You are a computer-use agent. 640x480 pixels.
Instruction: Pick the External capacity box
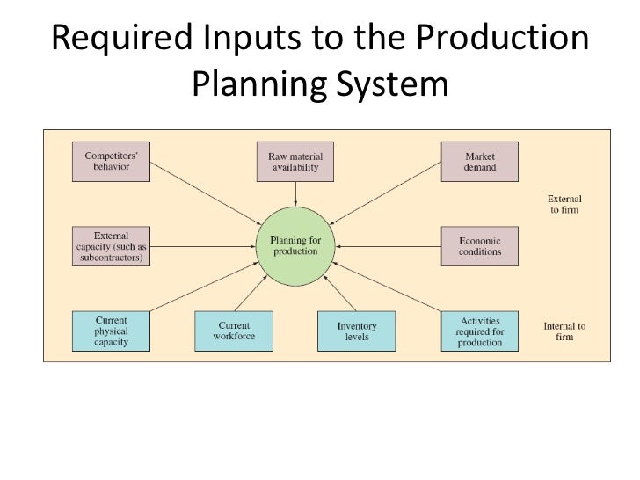pos(110,247)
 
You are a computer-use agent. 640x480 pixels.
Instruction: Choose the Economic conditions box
pos(480,246)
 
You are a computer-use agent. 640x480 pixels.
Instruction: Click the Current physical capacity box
pos(110,331)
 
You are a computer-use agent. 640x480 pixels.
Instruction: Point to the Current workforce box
pos(233,331)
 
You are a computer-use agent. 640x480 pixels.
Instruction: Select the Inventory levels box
pos(357,331)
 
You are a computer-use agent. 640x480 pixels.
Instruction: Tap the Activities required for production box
pos(480,331)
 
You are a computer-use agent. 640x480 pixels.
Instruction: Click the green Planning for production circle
pos(295,245)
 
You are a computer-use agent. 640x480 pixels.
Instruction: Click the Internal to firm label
pos(564,331)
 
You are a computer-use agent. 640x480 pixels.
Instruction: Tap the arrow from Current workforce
pos(256,295)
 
